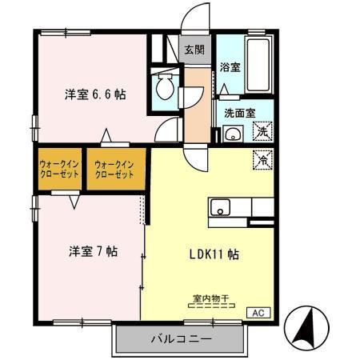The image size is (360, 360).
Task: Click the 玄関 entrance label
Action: (194, 50)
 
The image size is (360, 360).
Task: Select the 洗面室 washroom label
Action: (239, 113)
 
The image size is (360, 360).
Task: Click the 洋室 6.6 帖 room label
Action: (95, 94)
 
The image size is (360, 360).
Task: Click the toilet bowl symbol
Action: (166, 88)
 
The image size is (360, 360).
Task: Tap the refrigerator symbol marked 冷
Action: (262, 158)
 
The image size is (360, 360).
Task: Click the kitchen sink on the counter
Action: (222, 208)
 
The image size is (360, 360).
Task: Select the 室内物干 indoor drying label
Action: (210, 298)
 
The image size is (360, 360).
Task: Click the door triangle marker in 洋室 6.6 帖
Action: (106, 134)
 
